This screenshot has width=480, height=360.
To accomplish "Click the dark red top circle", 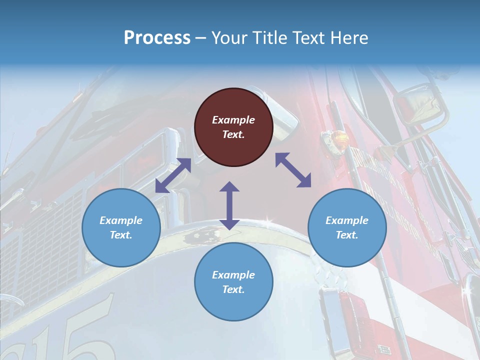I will (233, 127).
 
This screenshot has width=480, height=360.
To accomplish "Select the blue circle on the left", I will (121, 227).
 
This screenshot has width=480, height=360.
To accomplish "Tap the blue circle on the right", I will (347, 227).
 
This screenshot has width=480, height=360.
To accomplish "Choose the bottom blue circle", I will (233, 282).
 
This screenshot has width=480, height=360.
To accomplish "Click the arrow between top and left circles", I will (173, 175).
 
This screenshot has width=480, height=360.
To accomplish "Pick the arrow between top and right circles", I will (293, 170).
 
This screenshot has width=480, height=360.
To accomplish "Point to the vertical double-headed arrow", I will (229, 205).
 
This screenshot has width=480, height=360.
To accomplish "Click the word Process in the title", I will (157, 38).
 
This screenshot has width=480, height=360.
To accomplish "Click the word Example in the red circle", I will (233, 120).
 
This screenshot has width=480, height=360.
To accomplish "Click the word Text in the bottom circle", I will (232, 289).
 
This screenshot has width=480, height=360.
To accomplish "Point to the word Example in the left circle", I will (121, 220).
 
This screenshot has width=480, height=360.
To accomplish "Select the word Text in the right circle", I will (346, 235).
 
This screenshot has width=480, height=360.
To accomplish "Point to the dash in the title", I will (201, 38).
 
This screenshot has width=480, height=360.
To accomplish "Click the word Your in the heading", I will (228, 38).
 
